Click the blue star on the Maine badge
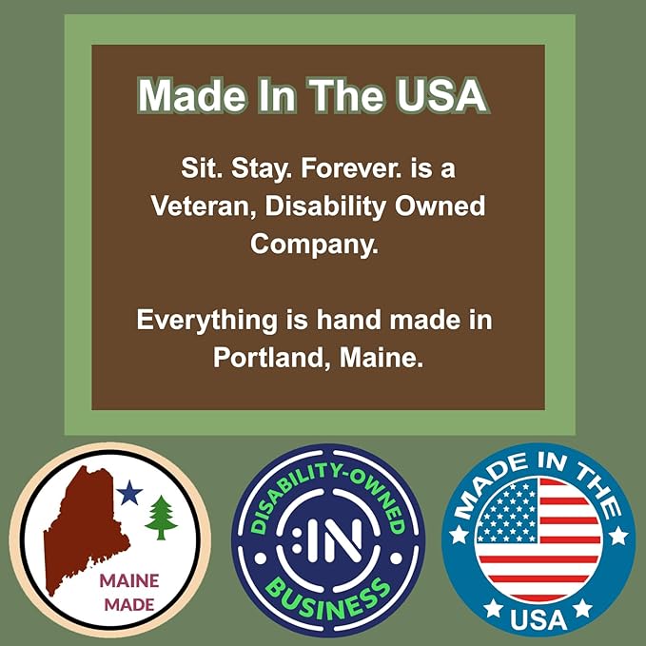[x=129, y=493]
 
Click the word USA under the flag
[x=538, y=619]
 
